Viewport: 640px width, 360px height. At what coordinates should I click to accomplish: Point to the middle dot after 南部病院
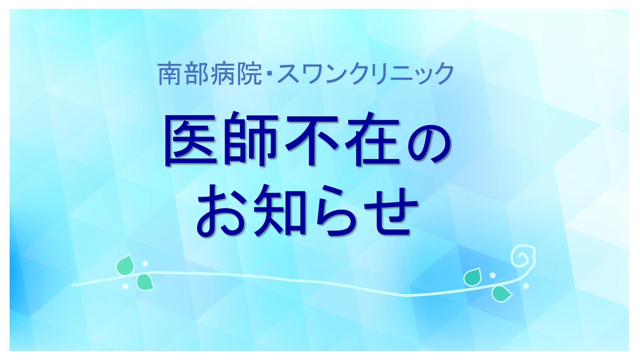(x=269, y=74)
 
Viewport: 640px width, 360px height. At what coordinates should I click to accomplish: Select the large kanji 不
(x=310, y=138)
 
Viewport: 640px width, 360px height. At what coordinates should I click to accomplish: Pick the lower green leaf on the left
(x=145, y=282)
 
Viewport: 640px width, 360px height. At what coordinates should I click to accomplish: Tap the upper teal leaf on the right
(x=473, y=277)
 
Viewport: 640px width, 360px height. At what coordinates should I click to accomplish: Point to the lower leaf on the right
(x=502, y=294)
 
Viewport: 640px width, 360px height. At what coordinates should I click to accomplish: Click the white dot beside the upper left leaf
(x=145, y=264)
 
